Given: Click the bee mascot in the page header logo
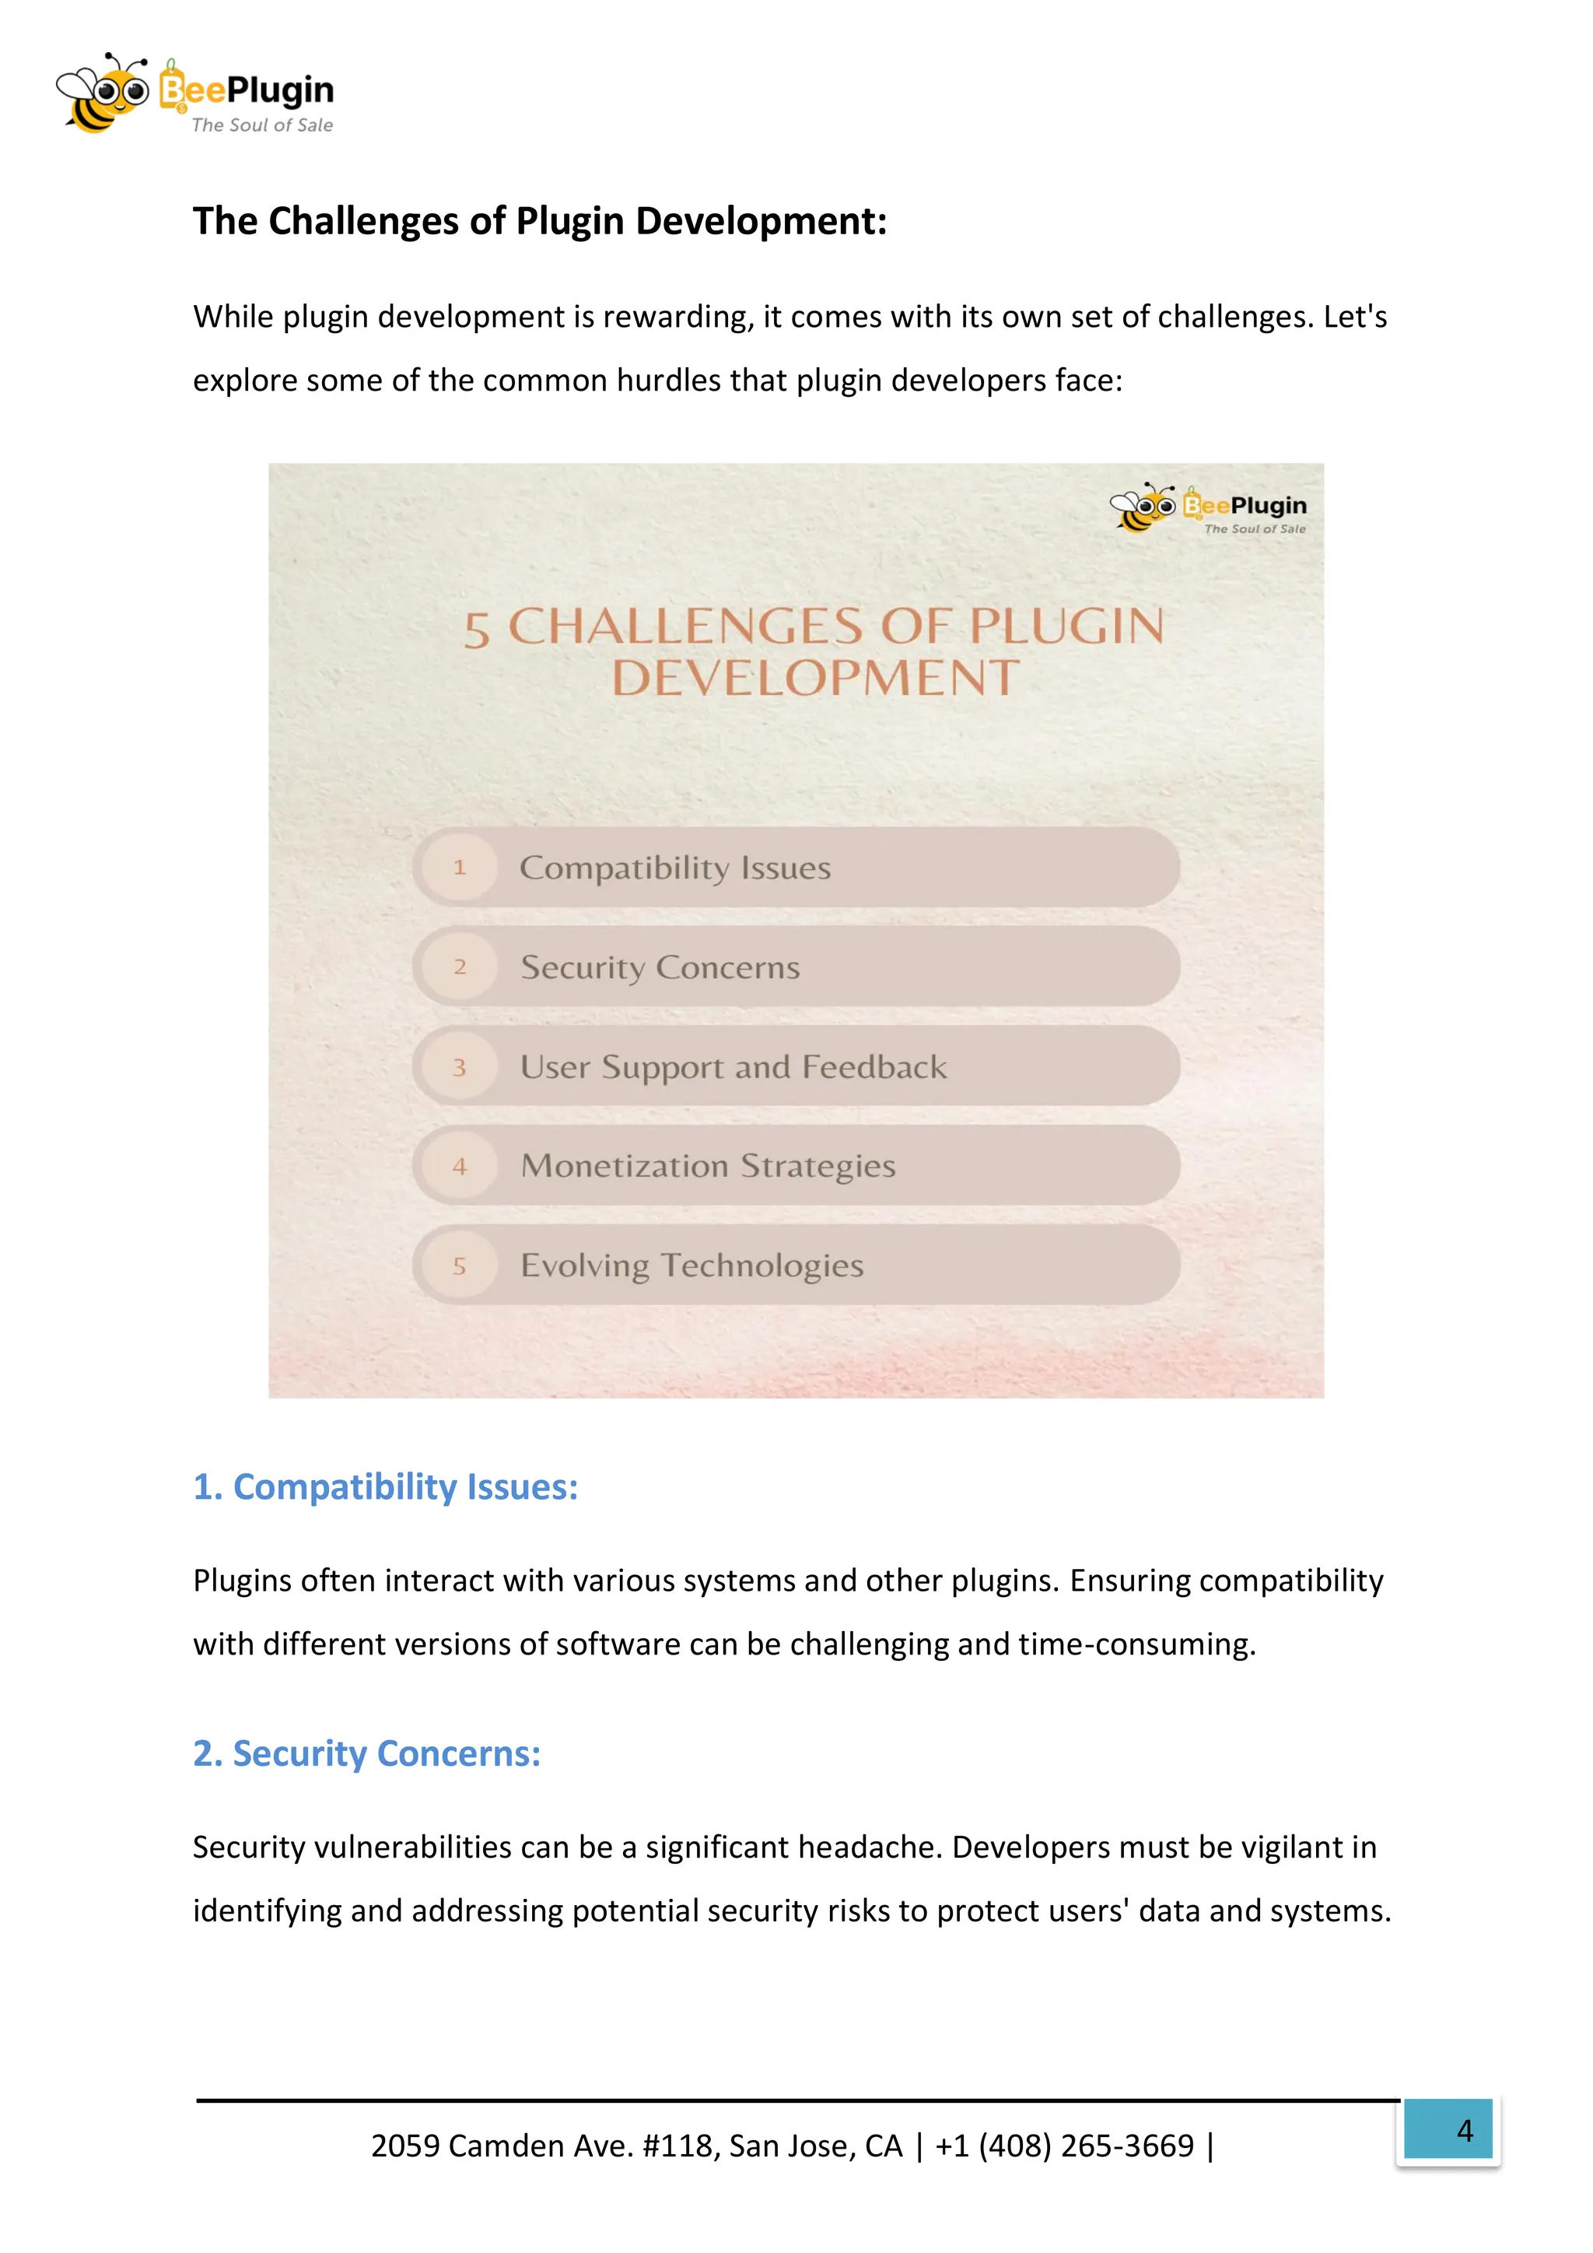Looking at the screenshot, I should point(102,93).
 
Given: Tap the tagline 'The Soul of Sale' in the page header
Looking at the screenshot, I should point(262,125).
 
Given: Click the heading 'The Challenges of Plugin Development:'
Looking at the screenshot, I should point(540,222).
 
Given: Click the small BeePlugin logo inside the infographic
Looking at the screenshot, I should point(1209,508).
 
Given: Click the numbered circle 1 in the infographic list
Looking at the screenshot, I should point(459,868).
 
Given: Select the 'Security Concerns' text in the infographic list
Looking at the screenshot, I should point(660,967).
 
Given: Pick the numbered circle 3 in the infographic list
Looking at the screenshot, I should point(459,1068).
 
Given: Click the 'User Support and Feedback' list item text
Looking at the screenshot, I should point(733,1068).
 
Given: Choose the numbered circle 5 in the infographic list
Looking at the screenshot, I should point(459,1266).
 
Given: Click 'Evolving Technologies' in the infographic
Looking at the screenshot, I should point(691,1266).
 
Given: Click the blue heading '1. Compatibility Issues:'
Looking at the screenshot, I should point(386,1488).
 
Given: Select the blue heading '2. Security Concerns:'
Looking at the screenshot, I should point(367,1753).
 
